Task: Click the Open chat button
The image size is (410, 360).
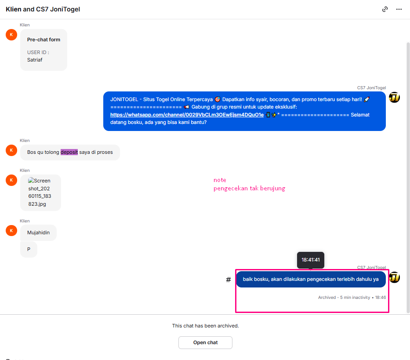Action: tap(205, 342)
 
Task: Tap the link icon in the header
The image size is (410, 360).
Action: tap(385, 9)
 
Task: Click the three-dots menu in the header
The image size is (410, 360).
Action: tap(399, 9)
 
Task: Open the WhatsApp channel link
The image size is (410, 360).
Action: tap(187, 115)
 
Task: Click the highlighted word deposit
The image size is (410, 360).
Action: tap(69, 152)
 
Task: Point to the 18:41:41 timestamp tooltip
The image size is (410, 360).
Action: tap(310, 260)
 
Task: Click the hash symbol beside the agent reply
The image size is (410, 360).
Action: tap(228, 280)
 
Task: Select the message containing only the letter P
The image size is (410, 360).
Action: tap(29, 249)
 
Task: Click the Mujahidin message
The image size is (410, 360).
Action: tap(38, 233)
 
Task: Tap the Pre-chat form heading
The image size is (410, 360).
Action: tap(44, 40)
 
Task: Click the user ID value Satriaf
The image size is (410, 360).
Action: tap(35, 60)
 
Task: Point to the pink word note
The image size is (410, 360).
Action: tap(220, 180)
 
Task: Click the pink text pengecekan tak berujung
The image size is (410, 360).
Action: tap(249, 189)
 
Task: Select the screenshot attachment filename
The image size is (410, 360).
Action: tap(40, 192)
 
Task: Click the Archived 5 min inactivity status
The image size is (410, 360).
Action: tap(344, 298)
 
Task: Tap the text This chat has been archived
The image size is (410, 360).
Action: tap(205, 326)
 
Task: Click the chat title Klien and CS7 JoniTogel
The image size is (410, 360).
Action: tap(43, 9)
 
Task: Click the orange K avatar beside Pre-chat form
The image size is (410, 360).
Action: tap(11, 35)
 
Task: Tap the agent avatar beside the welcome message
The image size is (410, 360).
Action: tap(394, 97)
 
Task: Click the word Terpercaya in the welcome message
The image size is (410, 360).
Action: tap(200, 99)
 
